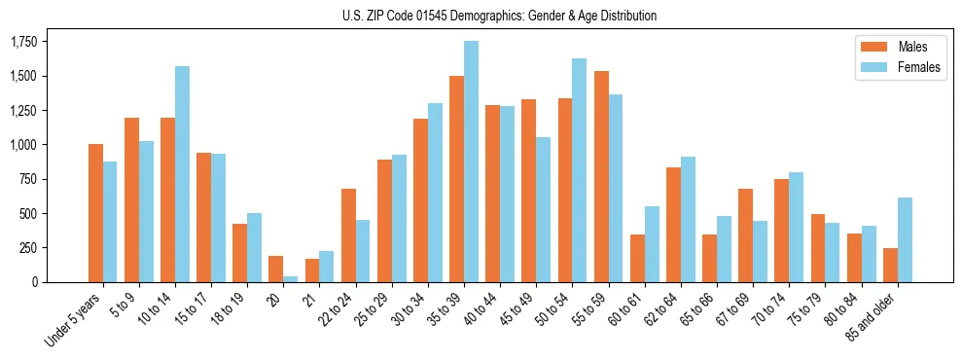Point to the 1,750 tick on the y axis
(x=23, y=42)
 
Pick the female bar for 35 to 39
(x=471, y=162)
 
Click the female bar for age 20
(x=290, y=278)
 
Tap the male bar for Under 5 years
(x=95, y=213)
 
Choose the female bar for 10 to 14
(x=182, y=174)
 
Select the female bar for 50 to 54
(x=579, y=170)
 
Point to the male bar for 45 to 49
(x=528, y=191)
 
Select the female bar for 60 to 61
(x=652, y=244)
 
